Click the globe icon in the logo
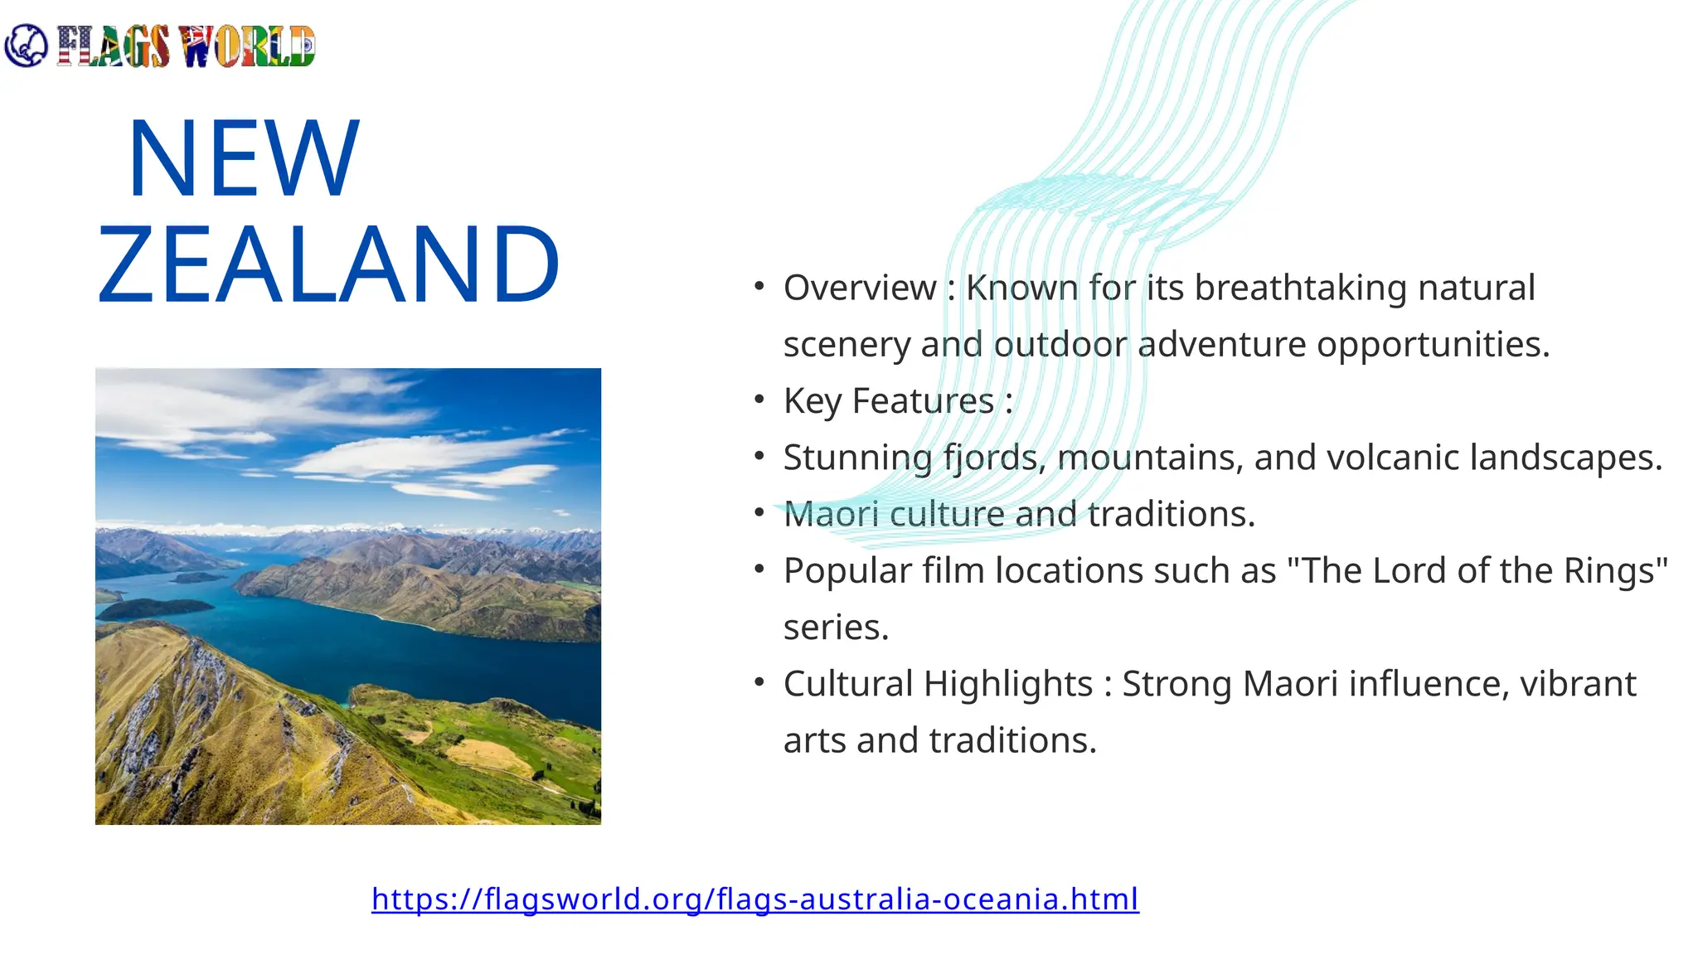point(26,46)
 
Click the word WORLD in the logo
point(247,46)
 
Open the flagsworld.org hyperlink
point(754,899)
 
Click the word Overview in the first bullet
point(860,288)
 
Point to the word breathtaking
point(1300,288)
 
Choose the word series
point(836,628)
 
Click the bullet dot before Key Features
point(759,400)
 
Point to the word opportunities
point(1433,345)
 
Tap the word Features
point(923,401)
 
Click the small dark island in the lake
point(153,608)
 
